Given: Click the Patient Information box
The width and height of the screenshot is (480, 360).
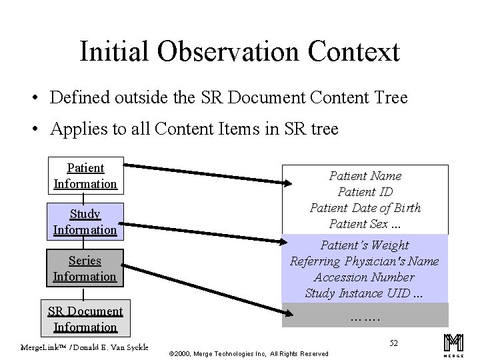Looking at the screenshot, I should click(85, 175).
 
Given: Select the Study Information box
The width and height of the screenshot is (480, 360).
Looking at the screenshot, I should click(85, 221).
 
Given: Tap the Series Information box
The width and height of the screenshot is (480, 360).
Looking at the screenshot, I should click(85, 268).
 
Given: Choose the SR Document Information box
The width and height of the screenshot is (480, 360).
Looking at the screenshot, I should click(85, 319).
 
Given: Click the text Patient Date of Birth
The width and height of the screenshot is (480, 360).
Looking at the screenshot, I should click(365, 207).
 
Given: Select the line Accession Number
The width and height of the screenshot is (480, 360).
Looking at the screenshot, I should click(365, 277).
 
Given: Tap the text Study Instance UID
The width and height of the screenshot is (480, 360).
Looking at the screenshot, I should click(365, 293).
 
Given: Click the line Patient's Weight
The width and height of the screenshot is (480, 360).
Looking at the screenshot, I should click(365, 245).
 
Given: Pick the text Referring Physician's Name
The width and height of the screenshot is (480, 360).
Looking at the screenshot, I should click(365, 261).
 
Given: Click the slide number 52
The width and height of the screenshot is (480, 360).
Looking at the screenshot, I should click(393, 343).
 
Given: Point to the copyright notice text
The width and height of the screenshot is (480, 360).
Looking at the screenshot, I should click(249, 353).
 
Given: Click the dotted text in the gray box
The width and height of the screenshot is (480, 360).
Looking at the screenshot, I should click(365, 317).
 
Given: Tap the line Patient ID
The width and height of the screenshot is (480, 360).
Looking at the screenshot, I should click(365, 191).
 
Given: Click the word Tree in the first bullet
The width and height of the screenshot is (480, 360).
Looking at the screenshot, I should click(389, 98).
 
